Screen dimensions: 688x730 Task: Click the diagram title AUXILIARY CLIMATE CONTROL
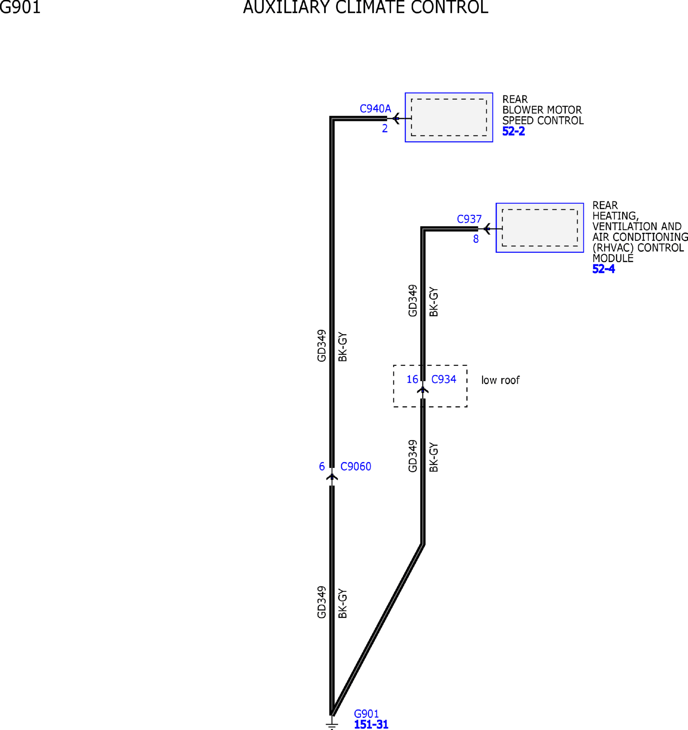click(x=366, y=7)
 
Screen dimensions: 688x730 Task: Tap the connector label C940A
click(x=375, y=109)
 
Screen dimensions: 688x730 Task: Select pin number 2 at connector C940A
click(x=385, y=129)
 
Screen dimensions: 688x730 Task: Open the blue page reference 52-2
click(x=513, y=131)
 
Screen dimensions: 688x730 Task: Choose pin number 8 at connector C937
click(x=476, y=239)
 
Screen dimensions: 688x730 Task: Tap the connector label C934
click(x=443, y=379)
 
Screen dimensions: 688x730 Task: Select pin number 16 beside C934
click(x=412, y=379)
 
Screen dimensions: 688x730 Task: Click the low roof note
click(x=500, y=380)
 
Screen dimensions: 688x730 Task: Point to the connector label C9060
click(x=356, y=466)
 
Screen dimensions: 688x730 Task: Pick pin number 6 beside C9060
click(x=322, y=466)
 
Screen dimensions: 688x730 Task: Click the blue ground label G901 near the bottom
click(x=366, y=714)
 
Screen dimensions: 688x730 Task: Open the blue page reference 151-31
click(x=371, y=724)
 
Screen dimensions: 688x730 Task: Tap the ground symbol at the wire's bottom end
click(x=331, y=725)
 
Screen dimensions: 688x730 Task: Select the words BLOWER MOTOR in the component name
click(x=542, y=110)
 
